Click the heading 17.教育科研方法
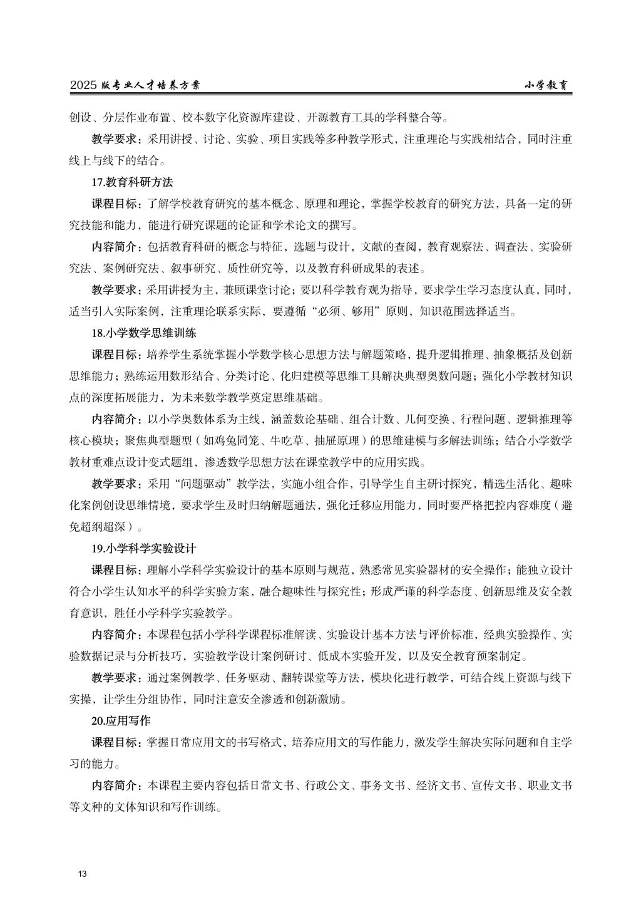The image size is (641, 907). click(132, 182)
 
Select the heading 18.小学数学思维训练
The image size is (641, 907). click(144, 333)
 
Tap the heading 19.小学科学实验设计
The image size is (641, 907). click(144, 548)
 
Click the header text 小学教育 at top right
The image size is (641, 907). click(546, 86)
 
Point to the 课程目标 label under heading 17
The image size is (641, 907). click(117, 204)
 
